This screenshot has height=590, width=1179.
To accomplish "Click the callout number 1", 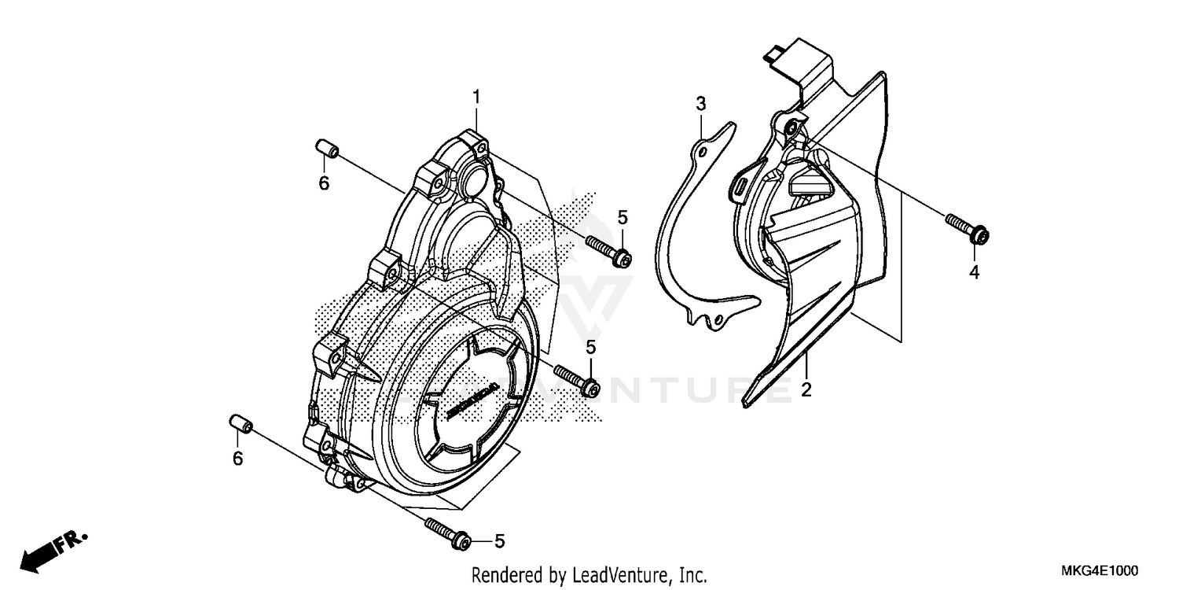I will coord(476,97).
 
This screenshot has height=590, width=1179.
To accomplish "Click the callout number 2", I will coord(806,389).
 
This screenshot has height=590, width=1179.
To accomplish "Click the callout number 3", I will coord(700,103).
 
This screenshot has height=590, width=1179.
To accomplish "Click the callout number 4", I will coord(974,272).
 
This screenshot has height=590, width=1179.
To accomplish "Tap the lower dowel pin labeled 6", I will coord(240,426).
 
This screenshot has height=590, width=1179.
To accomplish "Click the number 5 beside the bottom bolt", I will coord(499,541).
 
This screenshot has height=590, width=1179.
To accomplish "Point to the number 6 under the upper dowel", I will coord(323,183).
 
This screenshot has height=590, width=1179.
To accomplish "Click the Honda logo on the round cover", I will coord(471,401).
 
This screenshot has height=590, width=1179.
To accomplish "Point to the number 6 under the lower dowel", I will coord(237,459).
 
